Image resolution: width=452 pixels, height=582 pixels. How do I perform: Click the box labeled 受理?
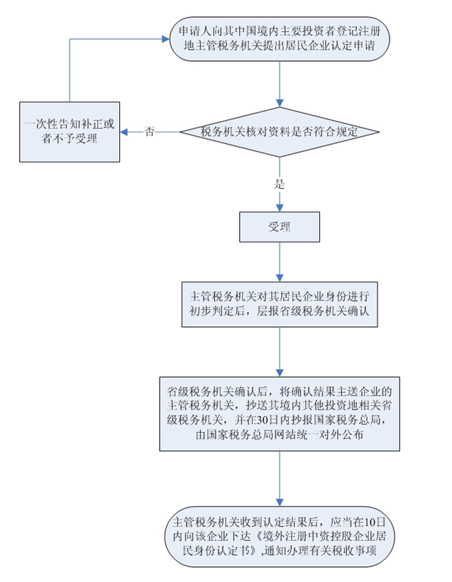pos(280,228)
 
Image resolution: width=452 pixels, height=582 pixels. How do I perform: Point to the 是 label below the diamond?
pos(279,183)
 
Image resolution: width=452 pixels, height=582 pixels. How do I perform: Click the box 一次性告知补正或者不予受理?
pos(70,132)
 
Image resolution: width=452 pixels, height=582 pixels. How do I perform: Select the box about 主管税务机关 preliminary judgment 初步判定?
pos(280,303)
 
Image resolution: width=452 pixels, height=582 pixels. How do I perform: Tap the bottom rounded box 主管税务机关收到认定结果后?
pos(280,537)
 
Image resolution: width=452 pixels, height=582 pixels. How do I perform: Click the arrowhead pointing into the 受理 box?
pos(280,209)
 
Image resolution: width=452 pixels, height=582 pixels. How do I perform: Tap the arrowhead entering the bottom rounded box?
pos(280,503)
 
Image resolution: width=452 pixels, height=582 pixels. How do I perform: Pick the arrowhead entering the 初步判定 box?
pos(280,278)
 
